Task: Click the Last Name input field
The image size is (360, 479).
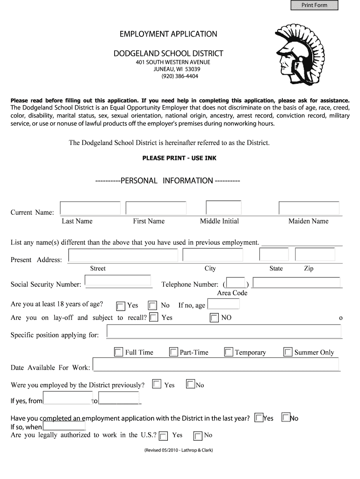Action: point(90,208)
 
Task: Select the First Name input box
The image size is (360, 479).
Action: point(156,208)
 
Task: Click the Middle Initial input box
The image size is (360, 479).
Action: point(223,208)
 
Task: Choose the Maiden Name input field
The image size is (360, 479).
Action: point(309,208)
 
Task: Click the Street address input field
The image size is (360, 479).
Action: point(123,255)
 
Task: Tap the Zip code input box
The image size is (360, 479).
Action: point(315,254)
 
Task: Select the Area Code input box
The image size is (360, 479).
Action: point(236,283)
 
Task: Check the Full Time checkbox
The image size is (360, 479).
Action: point(118,352)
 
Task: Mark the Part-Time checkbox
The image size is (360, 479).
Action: point(173,352)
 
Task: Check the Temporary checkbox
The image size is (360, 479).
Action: point(229,352)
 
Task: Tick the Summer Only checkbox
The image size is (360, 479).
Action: point(288,352)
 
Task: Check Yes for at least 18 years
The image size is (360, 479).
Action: point(121,306)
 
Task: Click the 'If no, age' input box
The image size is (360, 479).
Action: point(223,305)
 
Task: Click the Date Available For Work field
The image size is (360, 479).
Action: point(216,365)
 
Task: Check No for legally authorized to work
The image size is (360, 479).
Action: point(198,436)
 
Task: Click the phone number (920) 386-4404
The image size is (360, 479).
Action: point(180,76)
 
